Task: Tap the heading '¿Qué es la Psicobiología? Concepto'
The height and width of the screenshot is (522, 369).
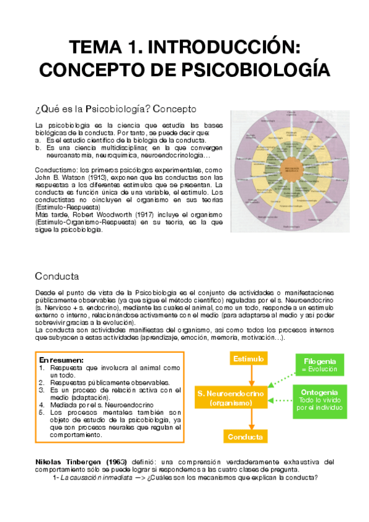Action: [x=116, y=109]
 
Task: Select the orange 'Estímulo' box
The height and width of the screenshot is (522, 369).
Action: [x=249, y=359]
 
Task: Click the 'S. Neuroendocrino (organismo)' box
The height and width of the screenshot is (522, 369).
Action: [x=231, y=398]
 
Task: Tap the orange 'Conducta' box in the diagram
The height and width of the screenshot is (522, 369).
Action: [x=245, y=437]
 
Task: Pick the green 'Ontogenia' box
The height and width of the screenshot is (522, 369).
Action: [x=318, y=401]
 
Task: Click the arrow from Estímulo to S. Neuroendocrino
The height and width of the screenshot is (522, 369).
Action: [x=249, y=376]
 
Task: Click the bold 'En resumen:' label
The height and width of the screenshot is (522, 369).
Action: [x=61, y=359]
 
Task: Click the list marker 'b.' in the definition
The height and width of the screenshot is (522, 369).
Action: [x=38, y=148]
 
